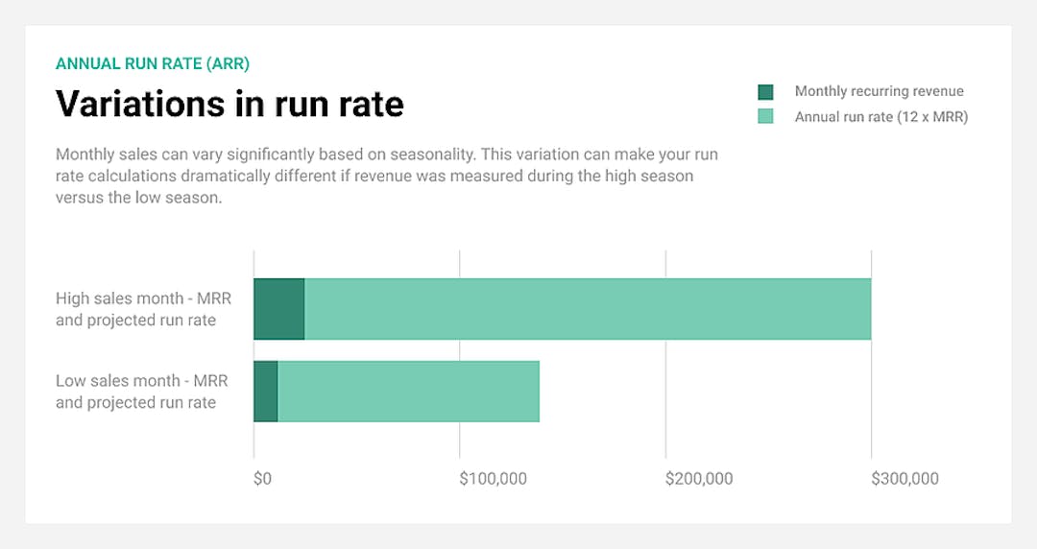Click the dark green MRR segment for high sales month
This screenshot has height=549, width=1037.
tap(279, 309)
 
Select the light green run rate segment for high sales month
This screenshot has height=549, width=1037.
tap(587, 309)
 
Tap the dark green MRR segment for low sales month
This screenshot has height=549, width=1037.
tap(266, 392)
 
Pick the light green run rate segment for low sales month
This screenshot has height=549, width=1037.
tap(408, 392)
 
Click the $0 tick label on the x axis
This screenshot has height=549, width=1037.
tap(262, 478)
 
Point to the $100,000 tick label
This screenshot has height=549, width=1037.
tap(493, 478)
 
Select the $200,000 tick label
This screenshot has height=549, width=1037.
tap(699, 478)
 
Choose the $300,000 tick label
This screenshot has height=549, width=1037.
tap(904, 478)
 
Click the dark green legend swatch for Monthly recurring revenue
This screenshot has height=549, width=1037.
tap(765, 92)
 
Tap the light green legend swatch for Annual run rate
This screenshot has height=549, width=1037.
tap(765, 117)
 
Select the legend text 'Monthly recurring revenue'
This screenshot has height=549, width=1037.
tap(879, 91)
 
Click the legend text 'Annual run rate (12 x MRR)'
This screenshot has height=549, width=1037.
tap(880, 117)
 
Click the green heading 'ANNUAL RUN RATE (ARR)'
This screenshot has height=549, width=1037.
tap(153, 63)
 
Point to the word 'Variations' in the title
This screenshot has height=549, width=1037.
tap(138, 103)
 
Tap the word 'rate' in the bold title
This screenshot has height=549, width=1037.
tap(369, 103)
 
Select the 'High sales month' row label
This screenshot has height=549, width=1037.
tap(143, 309)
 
